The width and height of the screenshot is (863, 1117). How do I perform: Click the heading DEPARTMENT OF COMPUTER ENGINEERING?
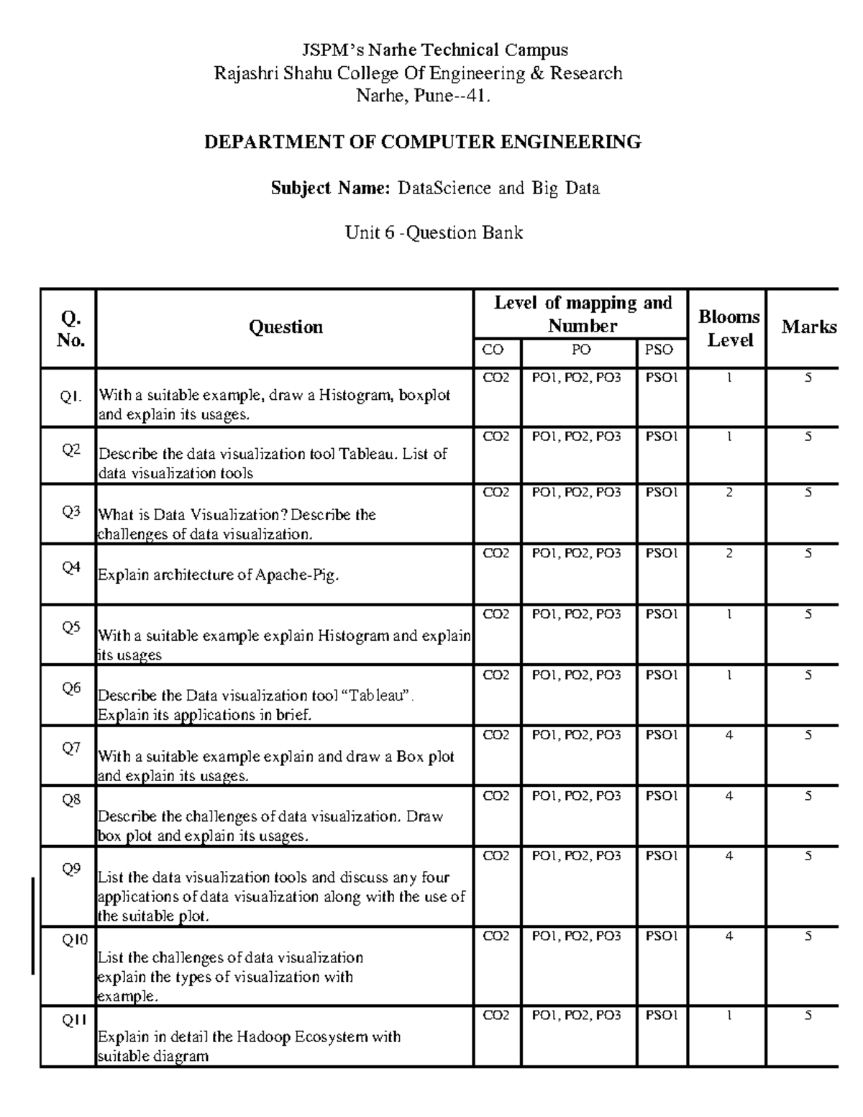coord(423,142)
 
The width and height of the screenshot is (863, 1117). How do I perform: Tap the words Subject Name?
coord(330,188)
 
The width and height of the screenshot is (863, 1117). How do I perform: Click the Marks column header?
coord(809,327)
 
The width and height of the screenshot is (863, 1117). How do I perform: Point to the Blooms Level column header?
coord(729,329)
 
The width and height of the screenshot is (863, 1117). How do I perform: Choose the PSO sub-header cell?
coord(659,350)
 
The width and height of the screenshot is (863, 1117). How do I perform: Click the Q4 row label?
coord(71,567)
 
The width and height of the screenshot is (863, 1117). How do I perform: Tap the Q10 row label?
coord(74,940)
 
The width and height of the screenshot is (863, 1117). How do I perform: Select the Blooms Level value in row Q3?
coord(729,493)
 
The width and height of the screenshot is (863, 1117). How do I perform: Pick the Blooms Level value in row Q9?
coord(729,856)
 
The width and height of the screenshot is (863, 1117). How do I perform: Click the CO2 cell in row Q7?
coord(496,735)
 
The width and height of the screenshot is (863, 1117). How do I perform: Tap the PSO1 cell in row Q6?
coord(662,675)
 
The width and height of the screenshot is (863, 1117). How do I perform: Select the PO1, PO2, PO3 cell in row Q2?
coord(576,437)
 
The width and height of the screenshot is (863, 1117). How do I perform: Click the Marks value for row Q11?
coord(808,1016)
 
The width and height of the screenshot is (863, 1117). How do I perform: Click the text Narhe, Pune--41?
coord(424,96)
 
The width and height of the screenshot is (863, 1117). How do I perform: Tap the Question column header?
coord(286,327)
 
